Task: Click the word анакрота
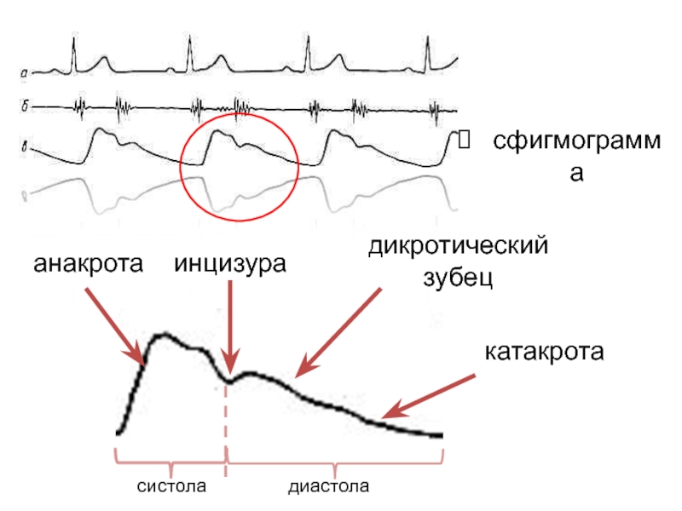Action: [x=86, y=265]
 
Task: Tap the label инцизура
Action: [x=228, y=265]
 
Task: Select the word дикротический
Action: [x=456, y=247]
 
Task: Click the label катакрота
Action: [x=544, y=352]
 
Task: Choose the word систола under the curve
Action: [x=172, y=487]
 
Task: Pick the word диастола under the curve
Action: [x=329, y=487]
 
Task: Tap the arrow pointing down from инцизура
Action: [x=230, y=328]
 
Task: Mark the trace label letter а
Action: [x=25, y=73]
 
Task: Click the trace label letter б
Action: [x=25, y=107]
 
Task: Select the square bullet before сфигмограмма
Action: [x=463, y=138]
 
